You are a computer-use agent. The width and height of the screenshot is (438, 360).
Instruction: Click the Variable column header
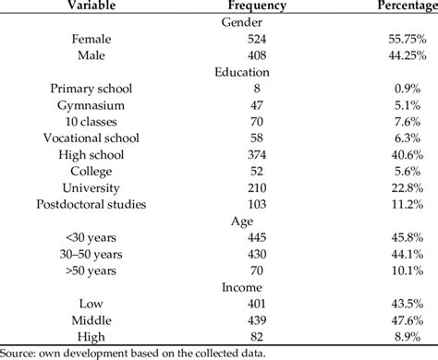click(88, 6)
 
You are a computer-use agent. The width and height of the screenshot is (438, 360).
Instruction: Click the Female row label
click(89, 39)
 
